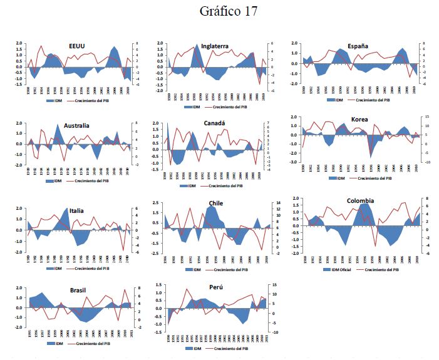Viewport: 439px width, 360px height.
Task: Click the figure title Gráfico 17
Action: coord(228,11)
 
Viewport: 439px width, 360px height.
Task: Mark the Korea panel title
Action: coord(359,119)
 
